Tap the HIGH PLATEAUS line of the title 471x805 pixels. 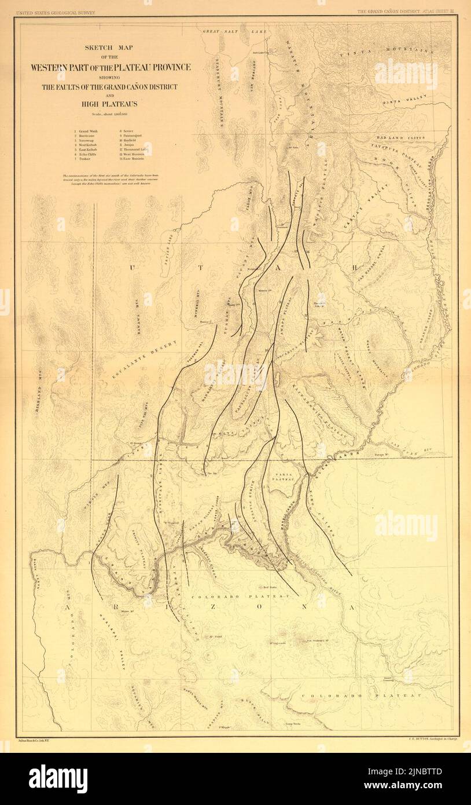(111, 104)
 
